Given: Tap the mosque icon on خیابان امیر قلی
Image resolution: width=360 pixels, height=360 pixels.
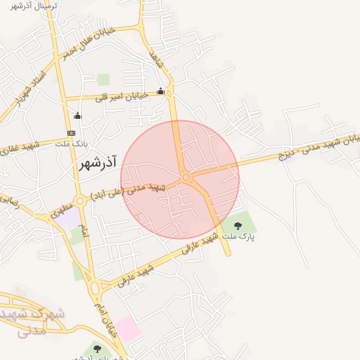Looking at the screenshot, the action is click(161, 91).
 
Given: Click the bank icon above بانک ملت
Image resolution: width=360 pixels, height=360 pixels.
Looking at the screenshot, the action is click(71, 133).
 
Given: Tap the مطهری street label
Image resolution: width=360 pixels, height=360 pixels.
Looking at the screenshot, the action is click(60, 209).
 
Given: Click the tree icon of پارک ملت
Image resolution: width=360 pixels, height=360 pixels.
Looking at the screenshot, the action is click(238, 226).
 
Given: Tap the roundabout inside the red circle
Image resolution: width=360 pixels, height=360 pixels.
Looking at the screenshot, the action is click(186, 178).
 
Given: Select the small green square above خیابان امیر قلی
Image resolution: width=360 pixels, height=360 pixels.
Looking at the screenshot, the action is click(103, 79).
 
